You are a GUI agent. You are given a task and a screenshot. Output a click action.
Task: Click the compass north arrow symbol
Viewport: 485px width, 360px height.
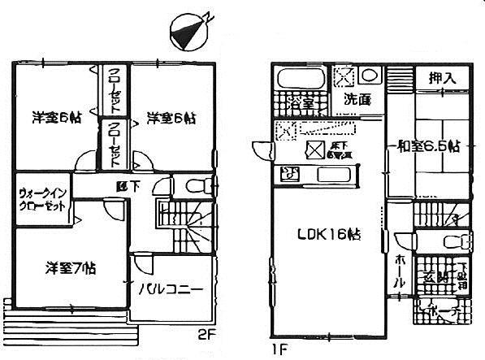192,31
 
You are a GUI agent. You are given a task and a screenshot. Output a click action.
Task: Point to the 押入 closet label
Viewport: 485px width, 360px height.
440,78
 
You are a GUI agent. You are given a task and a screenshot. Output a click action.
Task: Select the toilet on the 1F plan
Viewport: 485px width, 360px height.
457,241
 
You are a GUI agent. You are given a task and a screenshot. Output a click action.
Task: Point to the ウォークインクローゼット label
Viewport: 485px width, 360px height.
45,200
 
